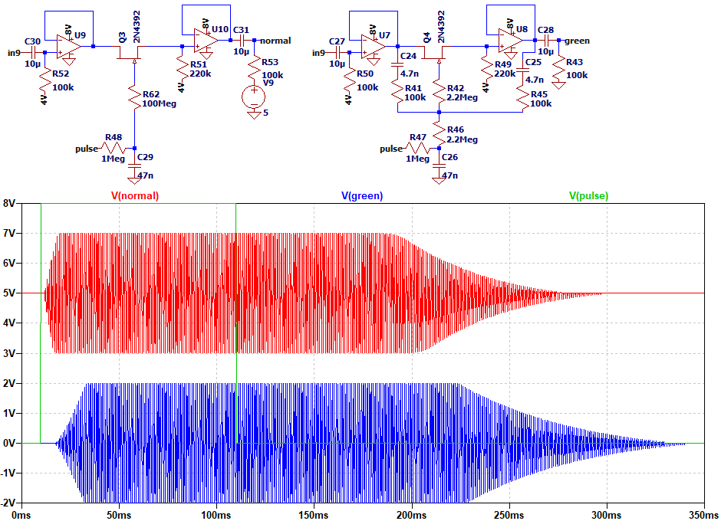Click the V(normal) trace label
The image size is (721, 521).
(x=135, y=195)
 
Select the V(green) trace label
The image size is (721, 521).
(x=362, y=195)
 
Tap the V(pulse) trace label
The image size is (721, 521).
(x=588, y=195)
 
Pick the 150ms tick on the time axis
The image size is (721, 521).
(x=314, y=514)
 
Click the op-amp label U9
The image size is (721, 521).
(x=80, y=35)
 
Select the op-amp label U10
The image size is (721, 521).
(x=219, y=29)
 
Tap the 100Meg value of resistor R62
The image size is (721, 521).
(x=159, y=103)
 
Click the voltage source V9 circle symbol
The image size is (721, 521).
(x=252, y=97)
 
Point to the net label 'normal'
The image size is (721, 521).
(x=276, y=40)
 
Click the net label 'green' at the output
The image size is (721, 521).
(x=578, y=41)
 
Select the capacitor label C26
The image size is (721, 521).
(x=449, y=157)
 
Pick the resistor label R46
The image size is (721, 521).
(x=456, y=129)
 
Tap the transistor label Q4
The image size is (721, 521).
(x=426, y=38)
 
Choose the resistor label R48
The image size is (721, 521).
(x=114, y=137)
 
